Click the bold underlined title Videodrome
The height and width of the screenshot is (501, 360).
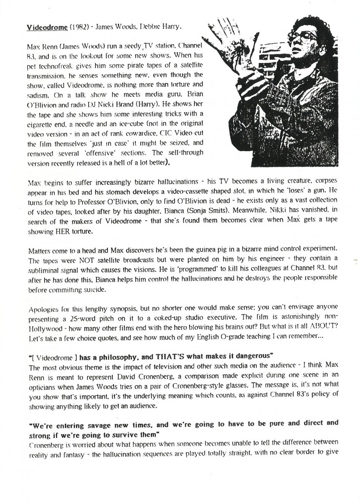(x=47, y=28)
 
